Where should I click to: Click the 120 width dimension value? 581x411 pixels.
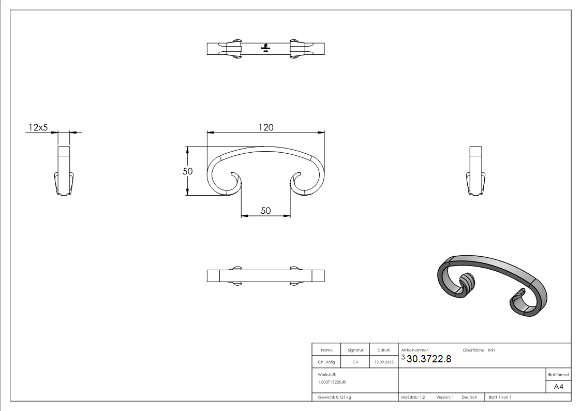coord(266,127)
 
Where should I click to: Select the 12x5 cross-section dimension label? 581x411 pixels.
coord(38,127)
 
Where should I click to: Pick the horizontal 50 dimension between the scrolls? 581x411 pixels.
coord(265,211)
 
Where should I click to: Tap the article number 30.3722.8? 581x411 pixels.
coord(429,360)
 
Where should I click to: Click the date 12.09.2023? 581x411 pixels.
coord(384,362)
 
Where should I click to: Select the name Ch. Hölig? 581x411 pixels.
coord(326,362)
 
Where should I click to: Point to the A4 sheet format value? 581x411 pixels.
coord(558,386)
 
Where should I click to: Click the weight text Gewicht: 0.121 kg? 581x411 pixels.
coord(334,397)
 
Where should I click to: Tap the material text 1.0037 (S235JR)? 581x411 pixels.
coord(332,381)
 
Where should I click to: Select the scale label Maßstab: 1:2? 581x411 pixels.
coord(413,397)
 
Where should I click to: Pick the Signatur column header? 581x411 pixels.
coord(355,350)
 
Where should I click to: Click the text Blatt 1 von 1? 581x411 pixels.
coord(500,397)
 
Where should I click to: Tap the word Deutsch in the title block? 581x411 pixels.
coord(469,397)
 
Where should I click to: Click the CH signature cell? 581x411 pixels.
coord(355,362)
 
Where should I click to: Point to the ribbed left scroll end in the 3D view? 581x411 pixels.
coord(467,284)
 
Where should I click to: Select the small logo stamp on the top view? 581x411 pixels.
coord(265,48)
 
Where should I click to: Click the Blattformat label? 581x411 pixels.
coord(558,374)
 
